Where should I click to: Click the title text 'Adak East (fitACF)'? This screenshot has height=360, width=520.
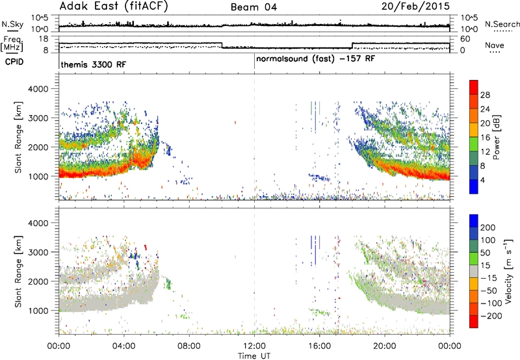pyautogui.click(x=114, y=6)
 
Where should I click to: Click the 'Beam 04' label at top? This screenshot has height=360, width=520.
pyautogui.click(x=253, y=7)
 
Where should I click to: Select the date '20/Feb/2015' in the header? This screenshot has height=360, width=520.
pyautogui.click(x=415, y=6)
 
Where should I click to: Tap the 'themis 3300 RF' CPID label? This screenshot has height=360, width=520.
pyautogui.click(x=94, y=64)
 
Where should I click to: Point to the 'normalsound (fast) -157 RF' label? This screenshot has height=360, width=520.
pyautogui.click(x=315, y=59)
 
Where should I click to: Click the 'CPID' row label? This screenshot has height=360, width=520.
pyautogui.click(x=14, y=62)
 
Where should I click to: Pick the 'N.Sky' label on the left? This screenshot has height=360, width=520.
pyautogui.click(x=12, y=24)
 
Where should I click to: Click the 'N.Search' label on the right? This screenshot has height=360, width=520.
pyautogui.click(x=502, y=24)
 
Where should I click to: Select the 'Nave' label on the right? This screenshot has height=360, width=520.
pyautogui.click(x=495, y=45)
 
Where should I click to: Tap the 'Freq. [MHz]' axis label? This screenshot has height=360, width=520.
pyautogui.click(x=12, y=44)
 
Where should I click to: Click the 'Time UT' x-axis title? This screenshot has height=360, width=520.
pyautogui.click(x=254, y=356)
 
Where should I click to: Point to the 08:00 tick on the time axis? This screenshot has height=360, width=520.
pyautogui.click(x=189, y=346)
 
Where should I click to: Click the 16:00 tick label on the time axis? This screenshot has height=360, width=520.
pyautogui.click(x=319, y=346)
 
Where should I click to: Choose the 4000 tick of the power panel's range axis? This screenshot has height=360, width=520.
pyautogui.click(x=38, y=89)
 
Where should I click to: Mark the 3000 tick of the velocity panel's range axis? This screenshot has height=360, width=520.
pyautogui.click(x=38, y=252)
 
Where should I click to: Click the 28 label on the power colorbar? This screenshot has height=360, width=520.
pyautogui.click(x=485, y=95)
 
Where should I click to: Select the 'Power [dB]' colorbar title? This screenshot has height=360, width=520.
pyautogui.click(x=496, y=137)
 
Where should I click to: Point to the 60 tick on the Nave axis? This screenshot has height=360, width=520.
pyautogui.click(x=465, y=39)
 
